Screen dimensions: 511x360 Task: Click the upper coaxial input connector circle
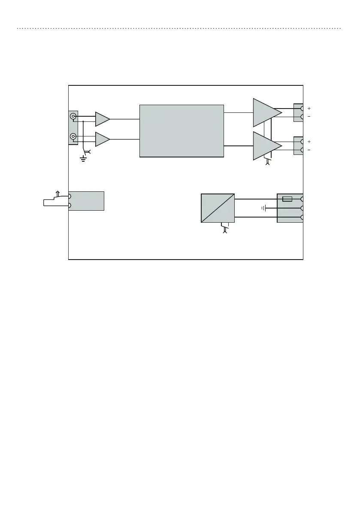coord(73,116)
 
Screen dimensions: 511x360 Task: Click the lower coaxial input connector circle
coord(73,137)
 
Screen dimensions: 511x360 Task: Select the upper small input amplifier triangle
coord(102,119)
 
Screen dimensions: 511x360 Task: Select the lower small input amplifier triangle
coord(102,139)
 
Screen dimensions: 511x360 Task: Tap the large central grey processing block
coord(182,130)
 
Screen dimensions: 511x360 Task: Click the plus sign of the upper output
coord(309,109)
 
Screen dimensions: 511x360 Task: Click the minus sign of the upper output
coord(309,117)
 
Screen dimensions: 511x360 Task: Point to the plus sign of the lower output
coord(309,142)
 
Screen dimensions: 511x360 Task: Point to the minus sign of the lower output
coord(309,150)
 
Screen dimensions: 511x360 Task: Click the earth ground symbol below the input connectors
coord(83,159)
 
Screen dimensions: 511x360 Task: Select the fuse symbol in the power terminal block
coord(287,199)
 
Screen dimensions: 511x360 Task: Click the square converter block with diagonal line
coord(218,208)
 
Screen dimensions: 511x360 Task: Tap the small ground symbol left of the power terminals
coord(264,208)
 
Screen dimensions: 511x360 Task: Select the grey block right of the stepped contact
coord(87,201)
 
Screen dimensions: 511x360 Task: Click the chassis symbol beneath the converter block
coord(224,230)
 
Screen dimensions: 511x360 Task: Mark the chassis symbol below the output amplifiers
coord(268,163)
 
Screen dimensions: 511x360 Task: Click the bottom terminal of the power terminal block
coord(302,218)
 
